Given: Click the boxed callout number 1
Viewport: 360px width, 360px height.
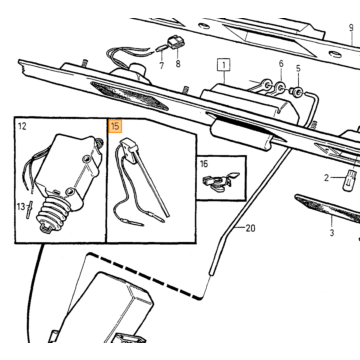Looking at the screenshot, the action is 224,65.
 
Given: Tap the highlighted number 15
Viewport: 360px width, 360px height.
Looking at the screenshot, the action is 116,127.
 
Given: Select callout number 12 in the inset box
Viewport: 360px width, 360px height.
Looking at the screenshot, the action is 22,126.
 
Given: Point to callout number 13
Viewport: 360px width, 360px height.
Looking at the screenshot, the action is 21,207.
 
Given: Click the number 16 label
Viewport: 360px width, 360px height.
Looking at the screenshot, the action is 204,164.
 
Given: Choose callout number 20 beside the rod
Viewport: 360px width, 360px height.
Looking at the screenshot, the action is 250,228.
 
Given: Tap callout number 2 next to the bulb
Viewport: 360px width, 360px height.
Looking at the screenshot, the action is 327,178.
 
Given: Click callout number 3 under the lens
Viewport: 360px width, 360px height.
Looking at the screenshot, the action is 332,233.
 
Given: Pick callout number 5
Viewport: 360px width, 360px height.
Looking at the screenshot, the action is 298,68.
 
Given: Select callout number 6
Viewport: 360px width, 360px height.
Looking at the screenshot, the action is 281,64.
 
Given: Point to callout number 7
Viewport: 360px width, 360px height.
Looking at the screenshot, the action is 162,66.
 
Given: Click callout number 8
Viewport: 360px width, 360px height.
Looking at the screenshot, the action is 178,64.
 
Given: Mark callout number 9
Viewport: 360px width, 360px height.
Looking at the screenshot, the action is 351,28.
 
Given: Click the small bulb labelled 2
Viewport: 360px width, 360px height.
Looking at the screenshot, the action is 350,180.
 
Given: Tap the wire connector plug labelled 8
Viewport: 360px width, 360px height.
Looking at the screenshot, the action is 176,43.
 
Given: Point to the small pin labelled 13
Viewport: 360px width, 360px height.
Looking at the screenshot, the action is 29,209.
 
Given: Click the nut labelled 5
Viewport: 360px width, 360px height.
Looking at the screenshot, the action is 297,92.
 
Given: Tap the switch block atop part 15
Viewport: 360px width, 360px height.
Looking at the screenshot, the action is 129,149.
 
